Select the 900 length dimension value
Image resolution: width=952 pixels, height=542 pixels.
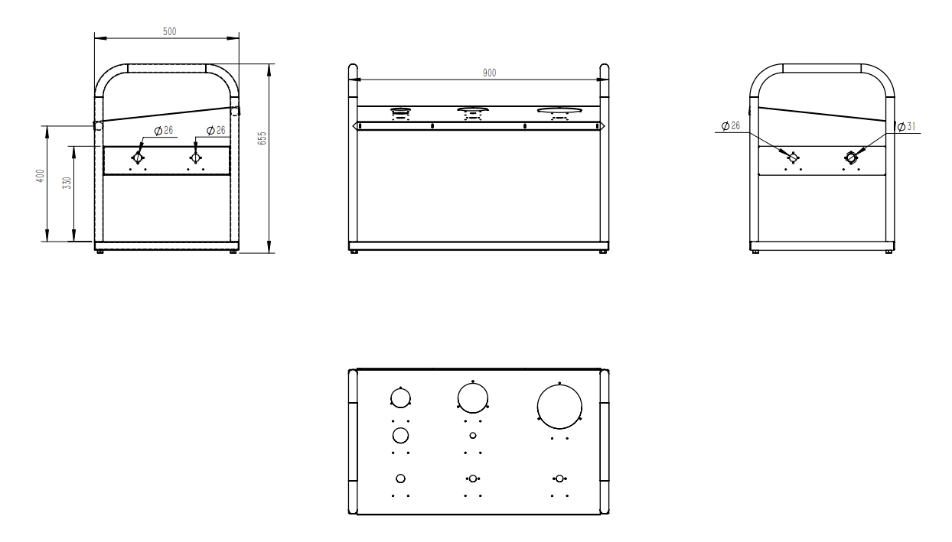click(489, 73)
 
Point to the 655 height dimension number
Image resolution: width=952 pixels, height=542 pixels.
click(262, 138)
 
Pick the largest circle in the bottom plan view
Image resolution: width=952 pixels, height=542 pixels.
click(559, 406)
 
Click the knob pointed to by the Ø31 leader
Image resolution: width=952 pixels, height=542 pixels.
click(851, 157)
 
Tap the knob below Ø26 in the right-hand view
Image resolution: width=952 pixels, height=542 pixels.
click(794, 157)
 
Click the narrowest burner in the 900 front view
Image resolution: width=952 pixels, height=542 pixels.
click(399, 113)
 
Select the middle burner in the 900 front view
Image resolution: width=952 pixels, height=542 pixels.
click(473, 113)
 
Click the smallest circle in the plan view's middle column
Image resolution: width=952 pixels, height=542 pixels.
click(473, 435)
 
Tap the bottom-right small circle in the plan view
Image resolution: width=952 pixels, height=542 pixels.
click(559, 478)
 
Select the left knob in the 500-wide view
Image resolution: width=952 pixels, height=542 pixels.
click(139, 157)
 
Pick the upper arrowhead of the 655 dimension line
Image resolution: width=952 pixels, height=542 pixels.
click(270, 67)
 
